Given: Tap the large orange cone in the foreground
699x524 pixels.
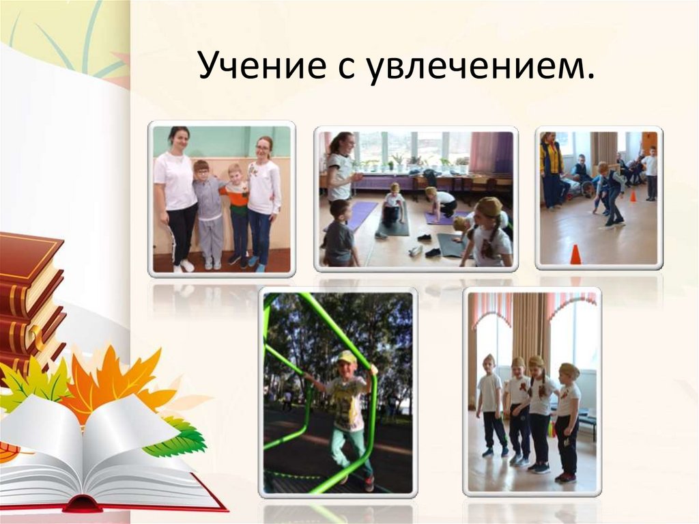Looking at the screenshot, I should click(x=575, y=254).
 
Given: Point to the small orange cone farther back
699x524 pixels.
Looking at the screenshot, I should click(x=632, y=196).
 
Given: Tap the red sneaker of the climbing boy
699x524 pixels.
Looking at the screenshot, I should click(x=369, y=482).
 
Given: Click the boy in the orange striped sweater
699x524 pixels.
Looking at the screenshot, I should click(x=237, y=212).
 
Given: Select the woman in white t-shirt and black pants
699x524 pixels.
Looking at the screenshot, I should click(x=175, y=198).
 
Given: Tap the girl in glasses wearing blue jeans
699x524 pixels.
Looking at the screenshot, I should click(x=263, y=202).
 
